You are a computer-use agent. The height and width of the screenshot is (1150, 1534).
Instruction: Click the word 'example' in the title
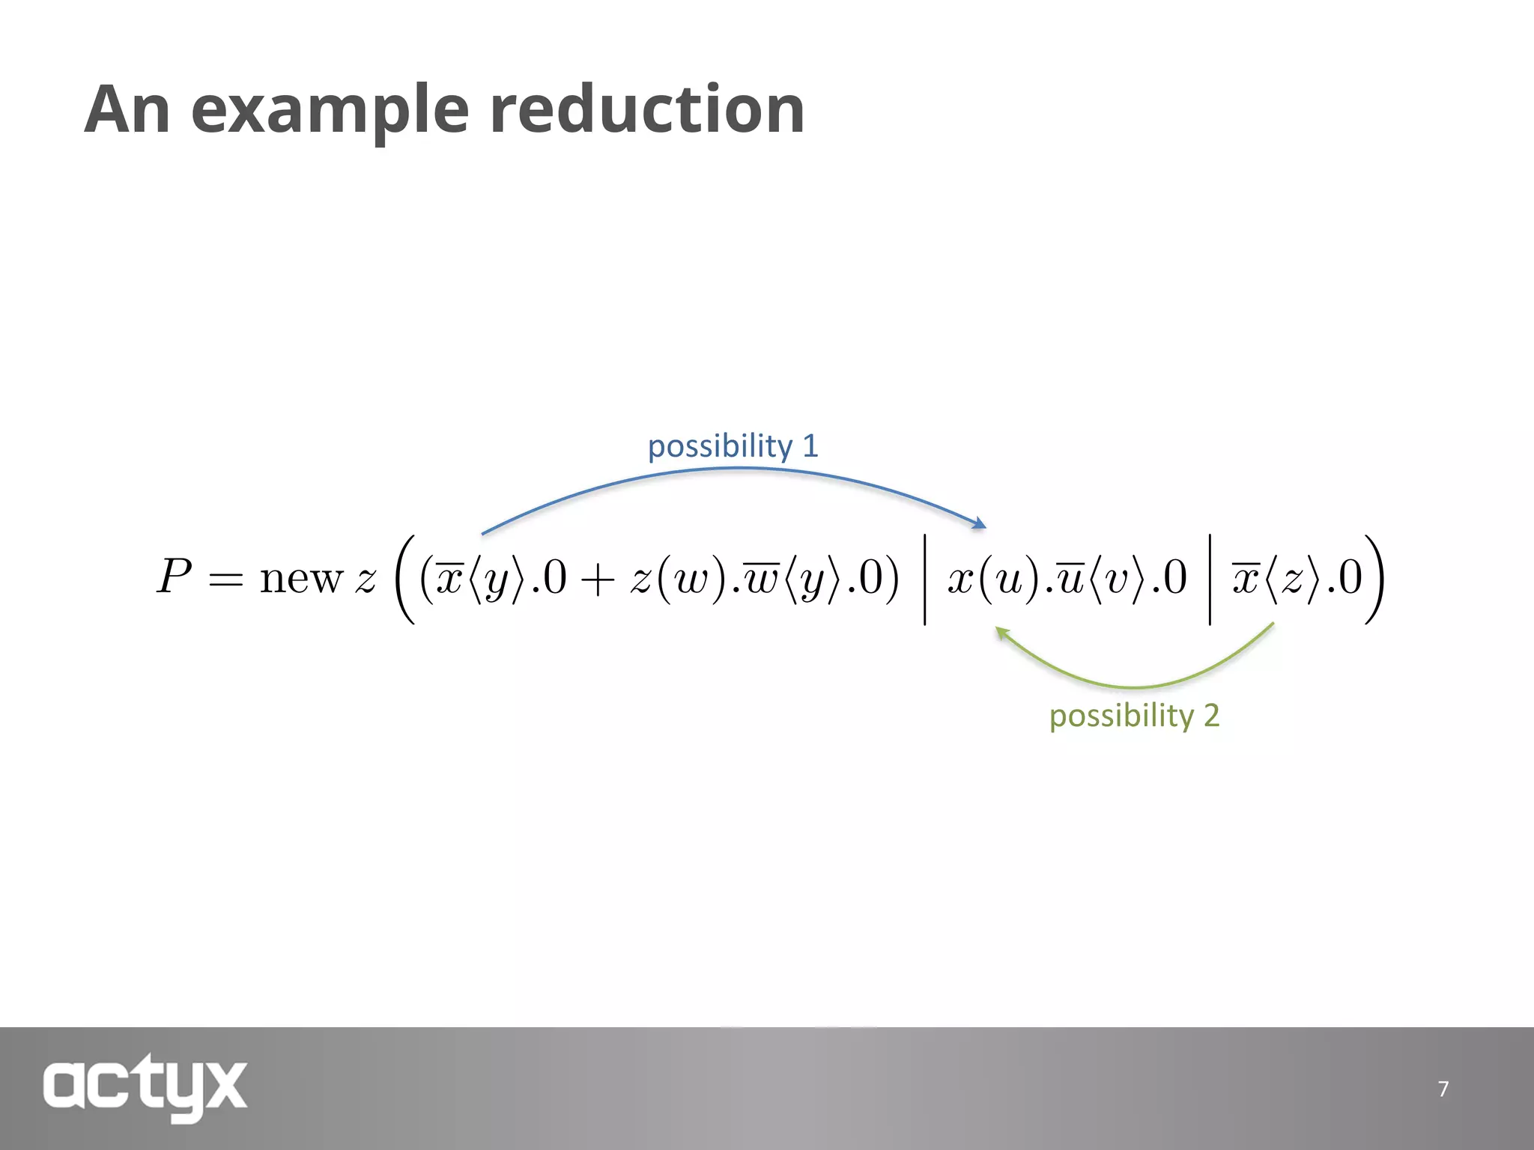click(x=330, y=110)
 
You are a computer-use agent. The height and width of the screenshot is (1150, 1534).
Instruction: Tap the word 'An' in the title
click(x=127, y=110)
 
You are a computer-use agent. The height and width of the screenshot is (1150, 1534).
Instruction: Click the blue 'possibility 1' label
click(x=733, y=446)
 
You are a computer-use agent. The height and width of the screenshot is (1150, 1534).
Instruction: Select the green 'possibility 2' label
click(x=1134, y=716)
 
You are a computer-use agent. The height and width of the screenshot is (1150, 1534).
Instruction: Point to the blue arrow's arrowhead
click(x=980, y=523)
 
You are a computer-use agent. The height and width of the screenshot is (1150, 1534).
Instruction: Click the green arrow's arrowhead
click(x=1001, y=633)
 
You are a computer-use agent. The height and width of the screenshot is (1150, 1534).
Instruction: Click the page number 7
click(x=1443, y=1089)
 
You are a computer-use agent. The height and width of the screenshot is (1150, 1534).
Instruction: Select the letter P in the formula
click(x=175, y=577)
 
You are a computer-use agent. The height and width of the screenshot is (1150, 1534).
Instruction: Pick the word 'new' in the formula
click(x=301, y=579)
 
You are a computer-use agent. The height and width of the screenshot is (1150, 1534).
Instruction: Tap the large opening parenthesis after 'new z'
click(x=405, y=578)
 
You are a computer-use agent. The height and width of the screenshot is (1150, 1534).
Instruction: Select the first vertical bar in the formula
click(x=925, y=578)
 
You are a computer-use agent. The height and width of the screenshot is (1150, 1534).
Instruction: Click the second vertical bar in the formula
click(x=1210, y=578)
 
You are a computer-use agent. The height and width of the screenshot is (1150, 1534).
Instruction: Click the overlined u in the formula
click(x=1072, y=579)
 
